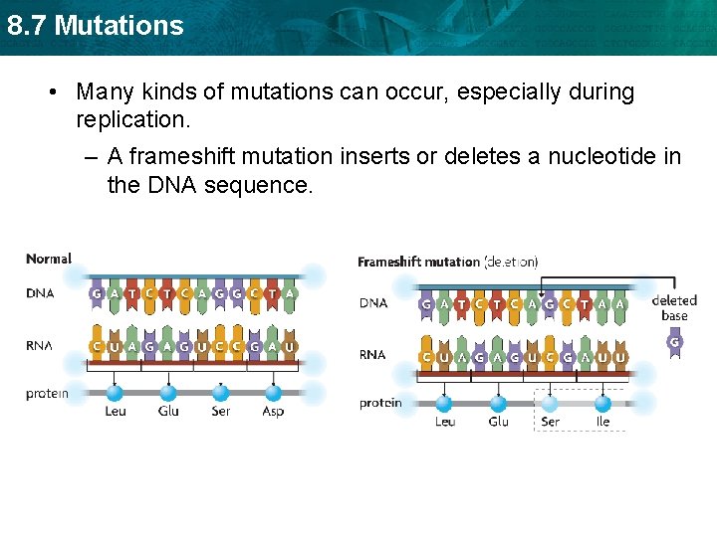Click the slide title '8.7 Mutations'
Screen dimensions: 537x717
96,25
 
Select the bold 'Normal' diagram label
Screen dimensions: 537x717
49,259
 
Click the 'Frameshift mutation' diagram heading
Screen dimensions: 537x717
418,262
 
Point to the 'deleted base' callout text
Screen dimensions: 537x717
674,308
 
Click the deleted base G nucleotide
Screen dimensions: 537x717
674,343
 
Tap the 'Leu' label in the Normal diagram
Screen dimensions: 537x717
116,411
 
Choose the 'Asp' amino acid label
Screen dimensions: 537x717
273,411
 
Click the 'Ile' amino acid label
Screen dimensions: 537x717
602,421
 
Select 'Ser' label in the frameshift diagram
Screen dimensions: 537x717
550,421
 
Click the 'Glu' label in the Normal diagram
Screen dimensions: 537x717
168,411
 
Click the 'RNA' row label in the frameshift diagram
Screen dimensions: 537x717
372,354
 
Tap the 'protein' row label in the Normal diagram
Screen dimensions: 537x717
48,393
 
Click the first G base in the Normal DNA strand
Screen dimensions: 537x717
97,294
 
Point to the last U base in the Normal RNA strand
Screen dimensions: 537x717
290,347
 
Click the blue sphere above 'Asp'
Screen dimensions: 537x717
273,393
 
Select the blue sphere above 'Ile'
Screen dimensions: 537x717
602,403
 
